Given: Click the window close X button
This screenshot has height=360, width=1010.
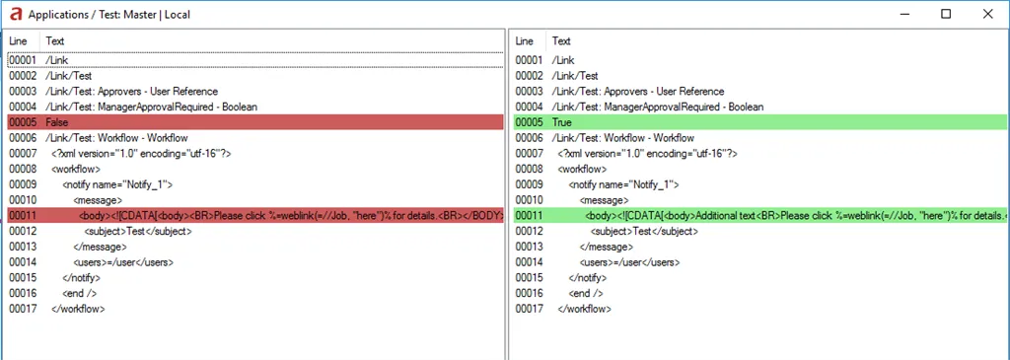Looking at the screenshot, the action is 987,14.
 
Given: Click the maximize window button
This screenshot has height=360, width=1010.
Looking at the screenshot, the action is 946,14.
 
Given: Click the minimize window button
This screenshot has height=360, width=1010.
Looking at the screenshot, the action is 903,14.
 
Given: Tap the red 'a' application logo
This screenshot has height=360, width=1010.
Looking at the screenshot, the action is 16,14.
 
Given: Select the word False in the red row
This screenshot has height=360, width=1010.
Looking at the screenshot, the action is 56,122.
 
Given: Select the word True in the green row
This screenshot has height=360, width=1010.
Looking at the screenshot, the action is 561,122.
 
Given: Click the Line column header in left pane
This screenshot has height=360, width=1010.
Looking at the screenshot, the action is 18,40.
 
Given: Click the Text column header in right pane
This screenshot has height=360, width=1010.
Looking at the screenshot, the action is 561,40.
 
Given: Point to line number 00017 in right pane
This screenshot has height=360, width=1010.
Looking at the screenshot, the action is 530,309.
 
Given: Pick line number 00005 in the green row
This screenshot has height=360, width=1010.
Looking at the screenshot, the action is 530,122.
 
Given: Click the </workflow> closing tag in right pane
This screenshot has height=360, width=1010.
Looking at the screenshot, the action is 584,309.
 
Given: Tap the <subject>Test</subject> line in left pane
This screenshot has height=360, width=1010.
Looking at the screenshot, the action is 138,231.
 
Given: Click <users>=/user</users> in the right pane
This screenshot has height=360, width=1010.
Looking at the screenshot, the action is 630,262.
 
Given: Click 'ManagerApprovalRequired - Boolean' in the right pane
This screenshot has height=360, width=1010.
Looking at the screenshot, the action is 685,107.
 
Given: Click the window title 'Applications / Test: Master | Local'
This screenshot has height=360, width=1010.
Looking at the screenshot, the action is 109,14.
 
